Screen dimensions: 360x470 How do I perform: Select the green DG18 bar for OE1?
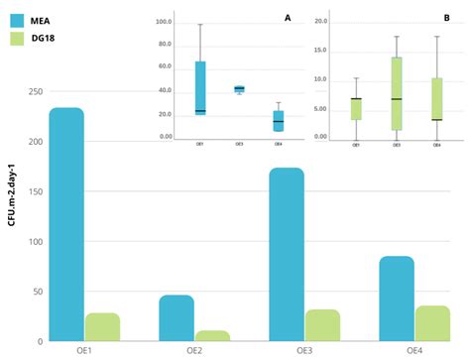[x=102, y=327]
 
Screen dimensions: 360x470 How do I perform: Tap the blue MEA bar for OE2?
[x=176, y=317]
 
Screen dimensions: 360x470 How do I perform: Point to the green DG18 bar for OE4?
[x=432, y=323]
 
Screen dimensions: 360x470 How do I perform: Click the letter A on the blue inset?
[x=288, y=18]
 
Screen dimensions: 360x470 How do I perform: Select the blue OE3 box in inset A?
[x=239, y=88]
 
